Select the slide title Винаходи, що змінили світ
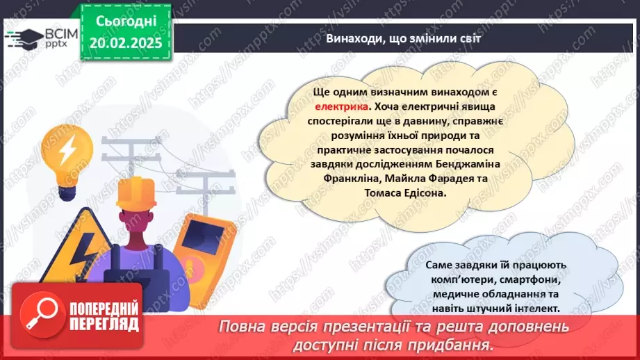point(403,38)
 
